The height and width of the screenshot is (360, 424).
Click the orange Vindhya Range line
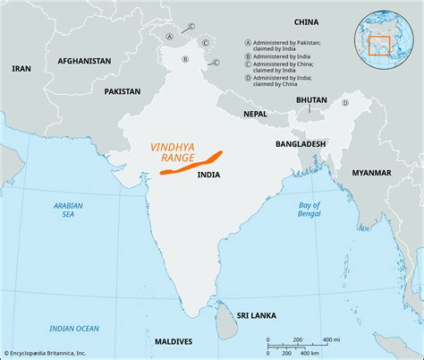(x=193, y=160)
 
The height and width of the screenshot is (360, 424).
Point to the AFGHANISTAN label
(x=84, y=61)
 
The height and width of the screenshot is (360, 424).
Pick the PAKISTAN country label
(x=122, y=91)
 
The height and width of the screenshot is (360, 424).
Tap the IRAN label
(x=21, y=68)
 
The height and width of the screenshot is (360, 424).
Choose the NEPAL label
(x=255, y=115)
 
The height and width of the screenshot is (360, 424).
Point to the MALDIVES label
(x=173, y=342)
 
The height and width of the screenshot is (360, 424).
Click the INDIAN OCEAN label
(x=75, y=329)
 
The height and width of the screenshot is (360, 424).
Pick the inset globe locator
(x=386, y=35)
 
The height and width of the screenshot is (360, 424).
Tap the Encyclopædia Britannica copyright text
(x=55, y=354)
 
